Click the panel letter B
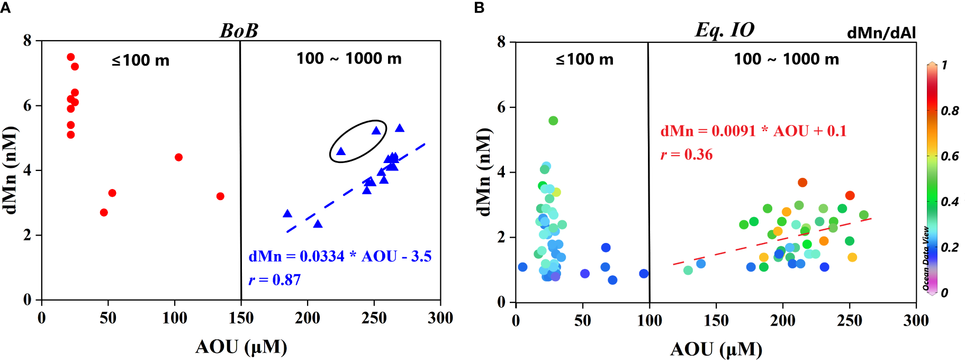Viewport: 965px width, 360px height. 479,7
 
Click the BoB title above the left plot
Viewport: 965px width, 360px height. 239,30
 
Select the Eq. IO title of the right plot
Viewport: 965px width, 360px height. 724,30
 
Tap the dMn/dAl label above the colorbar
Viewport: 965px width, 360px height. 881,33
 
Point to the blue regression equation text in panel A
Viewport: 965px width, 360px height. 340,256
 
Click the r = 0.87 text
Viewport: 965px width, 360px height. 275,280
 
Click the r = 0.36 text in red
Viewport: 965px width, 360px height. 687,155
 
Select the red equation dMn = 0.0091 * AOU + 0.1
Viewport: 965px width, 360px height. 753,131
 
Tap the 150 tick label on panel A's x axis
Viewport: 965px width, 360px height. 241,318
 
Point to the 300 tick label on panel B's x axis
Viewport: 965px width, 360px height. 916,320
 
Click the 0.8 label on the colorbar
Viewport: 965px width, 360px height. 950,111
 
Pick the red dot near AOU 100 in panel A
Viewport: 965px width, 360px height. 178,157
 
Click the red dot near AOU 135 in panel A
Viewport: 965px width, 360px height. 220,196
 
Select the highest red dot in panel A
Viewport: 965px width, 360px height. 70,57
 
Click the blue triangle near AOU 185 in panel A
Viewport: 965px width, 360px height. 287,214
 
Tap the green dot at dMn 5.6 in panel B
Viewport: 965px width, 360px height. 553,121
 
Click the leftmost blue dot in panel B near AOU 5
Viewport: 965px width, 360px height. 522,267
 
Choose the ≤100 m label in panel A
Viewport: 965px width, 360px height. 140,60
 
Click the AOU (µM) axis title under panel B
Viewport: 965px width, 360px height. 716,349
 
